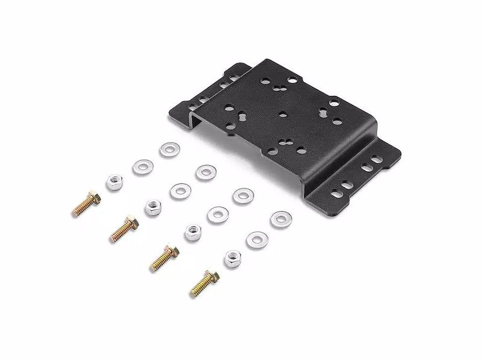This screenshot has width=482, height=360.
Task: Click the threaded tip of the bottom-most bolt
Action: coord(194,293)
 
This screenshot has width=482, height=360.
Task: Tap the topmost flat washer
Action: coord(169,149)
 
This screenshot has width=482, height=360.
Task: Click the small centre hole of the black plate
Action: coord(282,113)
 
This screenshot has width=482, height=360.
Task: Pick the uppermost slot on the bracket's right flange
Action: coord(376,160)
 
